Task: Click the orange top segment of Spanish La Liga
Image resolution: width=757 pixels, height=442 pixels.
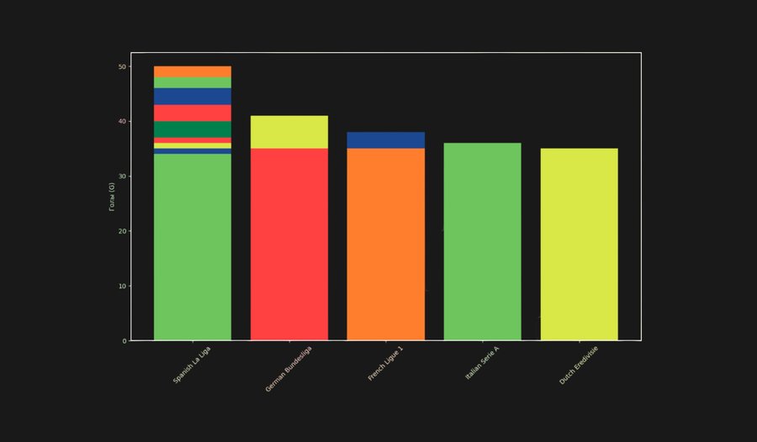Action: click(193, 71)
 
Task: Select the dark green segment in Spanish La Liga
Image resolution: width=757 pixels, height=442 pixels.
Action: click(193, 129)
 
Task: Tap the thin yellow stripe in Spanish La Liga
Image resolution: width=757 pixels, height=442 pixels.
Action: click(193, 145)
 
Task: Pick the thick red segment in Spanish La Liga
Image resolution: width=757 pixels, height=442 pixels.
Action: click(193, 113)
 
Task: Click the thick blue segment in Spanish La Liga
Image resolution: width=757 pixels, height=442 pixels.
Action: click(193, 97)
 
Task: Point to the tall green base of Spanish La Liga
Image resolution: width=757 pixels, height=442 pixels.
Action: click(193, 248)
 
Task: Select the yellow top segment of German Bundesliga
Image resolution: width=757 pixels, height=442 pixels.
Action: click(289, 132)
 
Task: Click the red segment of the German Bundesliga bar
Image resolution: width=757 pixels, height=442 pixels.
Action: click(289, 244)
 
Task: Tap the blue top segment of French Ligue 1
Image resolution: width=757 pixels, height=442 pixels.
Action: click(386, 140)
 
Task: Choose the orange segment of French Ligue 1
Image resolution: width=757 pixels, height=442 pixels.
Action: click(386, 244)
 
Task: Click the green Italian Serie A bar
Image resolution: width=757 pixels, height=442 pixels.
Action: click(483, 242)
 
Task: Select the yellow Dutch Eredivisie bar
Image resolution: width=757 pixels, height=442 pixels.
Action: click(580, 245)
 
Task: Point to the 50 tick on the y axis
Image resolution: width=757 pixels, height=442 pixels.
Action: click(123, 66)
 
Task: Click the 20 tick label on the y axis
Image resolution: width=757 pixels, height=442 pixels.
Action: click(123, 231)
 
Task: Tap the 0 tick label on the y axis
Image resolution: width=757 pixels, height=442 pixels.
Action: click(124, 341)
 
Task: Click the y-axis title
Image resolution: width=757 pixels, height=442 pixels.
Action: click(112, 197)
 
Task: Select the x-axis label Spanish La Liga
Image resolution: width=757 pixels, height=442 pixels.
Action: click(193, 365)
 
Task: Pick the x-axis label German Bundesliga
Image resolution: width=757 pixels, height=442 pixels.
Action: click(289, 368)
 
